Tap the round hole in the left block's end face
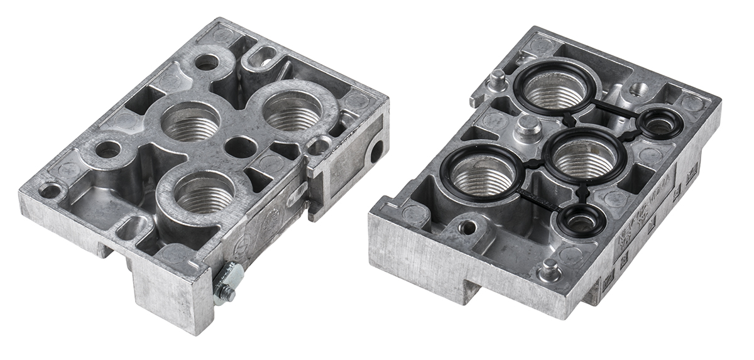coord(376,151)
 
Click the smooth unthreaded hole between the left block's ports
coord(240,146)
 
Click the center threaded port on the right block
coord(584,157)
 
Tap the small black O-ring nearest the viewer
coord(581,221)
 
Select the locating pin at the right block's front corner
coord(550,270)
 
